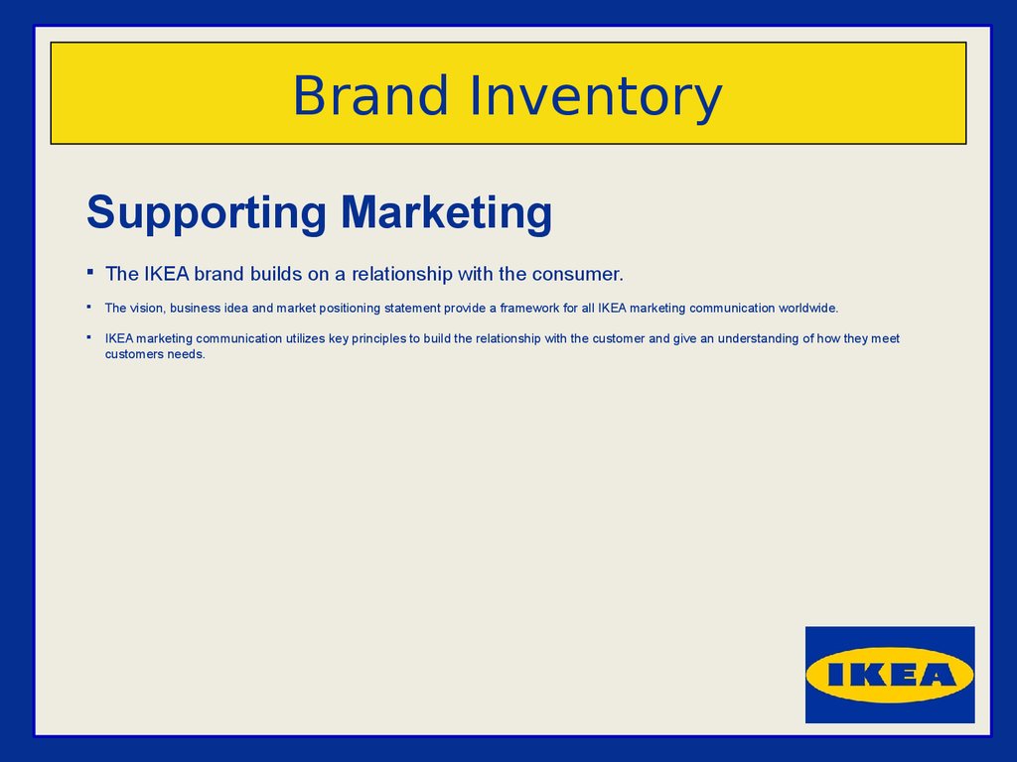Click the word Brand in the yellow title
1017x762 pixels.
pos(370,95)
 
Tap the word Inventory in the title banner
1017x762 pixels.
pos(596,97)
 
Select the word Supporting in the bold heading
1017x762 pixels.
pos(207,213)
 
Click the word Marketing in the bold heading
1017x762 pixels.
pos(446,213)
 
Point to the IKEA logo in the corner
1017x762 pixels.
pos(890,675)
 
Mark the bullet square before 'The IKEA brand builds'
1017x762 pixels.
pos(90,272)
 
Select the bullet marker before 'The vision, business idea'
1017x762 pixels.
pos(88,307)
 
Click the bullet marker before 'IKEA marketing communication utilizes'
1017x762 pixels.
pos(88,337)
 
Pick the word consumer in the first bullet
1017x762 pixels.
pos(577,274)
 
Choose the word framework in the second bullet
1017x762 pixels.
pos(529,308)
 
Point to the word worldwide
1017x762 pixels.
pos(808,308)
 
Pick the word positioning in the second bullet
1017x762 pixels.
pos(350,309)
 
